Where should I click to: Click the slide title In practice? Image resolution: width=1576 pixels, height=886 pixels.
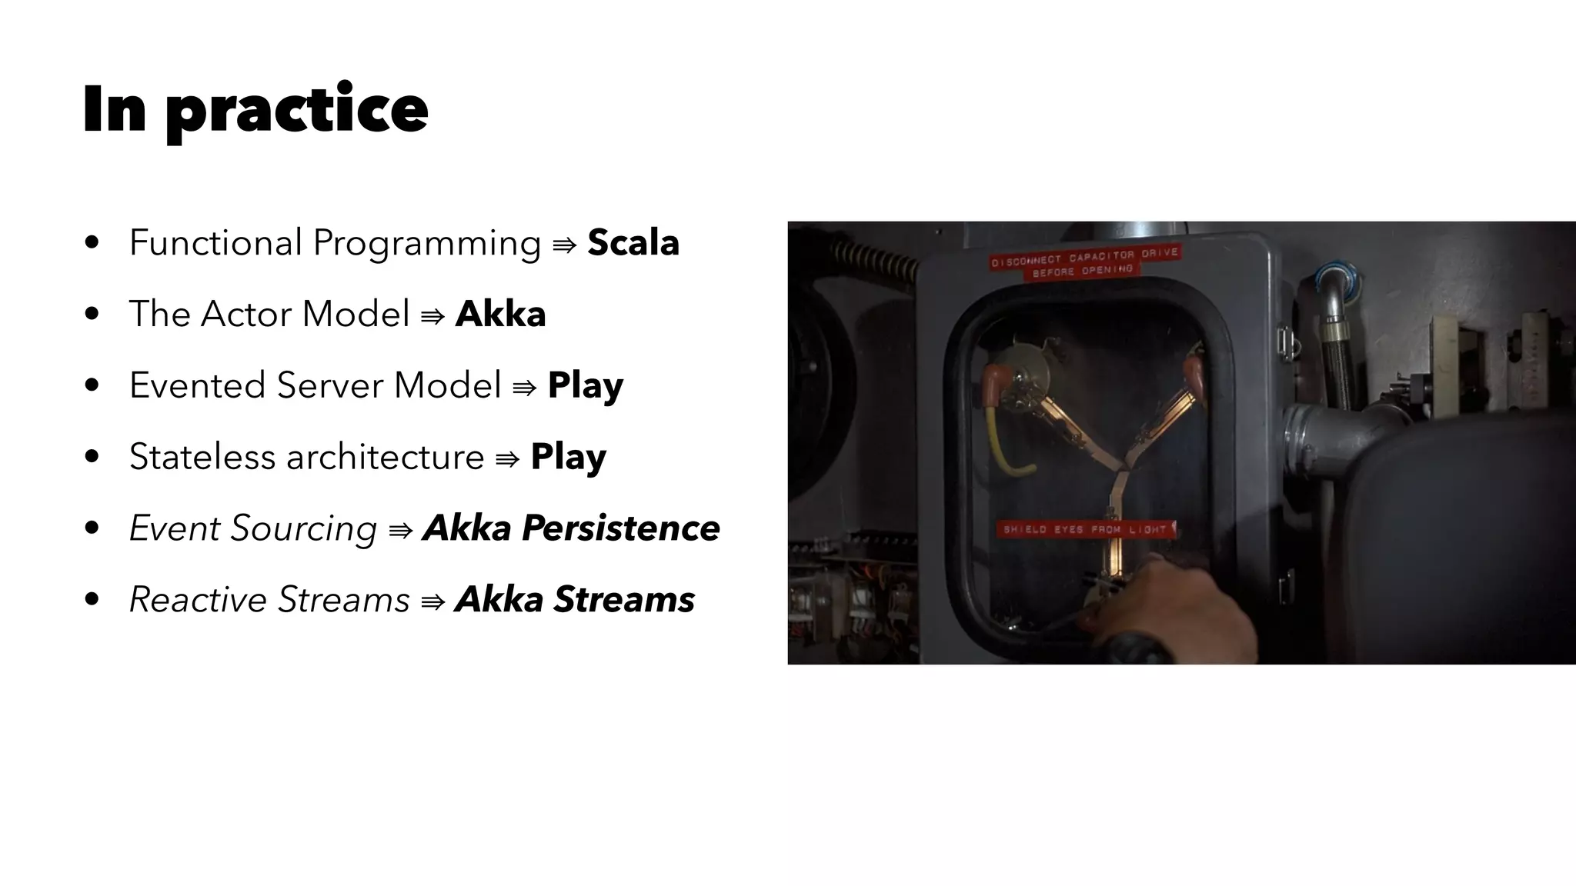255,109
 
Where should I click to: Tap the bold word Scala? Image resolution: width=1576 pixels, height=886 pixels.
633,243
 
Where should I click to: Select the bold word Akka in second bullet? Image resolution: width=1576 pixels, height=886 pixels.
500,314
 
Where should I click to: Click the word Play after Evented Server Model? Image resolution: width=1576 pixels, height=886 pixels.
585,385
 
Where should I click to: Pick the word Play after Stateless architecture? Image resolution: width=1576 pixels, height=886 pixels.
568,457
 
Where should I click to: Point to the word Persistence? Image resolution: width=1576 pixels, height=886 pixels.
620,528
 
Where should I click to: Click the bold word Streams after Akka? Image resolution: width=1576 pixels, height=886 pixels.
624,600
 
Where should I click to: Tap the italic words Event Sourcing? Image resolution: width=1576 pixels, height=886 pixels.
253,528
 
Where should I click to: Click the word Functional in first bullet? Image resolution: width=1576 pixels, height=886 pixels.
215,243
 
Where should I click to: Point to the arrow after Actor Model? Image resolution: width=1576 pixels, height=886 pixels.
432,316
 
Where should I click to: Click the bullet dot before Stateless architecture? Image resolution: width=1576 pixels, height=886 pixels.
92,457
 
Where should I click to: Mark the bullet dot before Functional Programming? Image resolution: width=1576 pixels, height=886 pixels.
92,243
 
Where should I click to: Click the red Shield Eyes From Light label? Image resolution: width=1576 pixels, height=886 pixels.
1086,529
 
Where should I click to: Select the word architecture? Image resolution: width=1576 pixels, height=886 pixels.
386,457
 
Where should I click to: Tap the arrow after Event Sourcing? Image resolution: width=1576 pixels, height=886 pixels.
401,531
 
